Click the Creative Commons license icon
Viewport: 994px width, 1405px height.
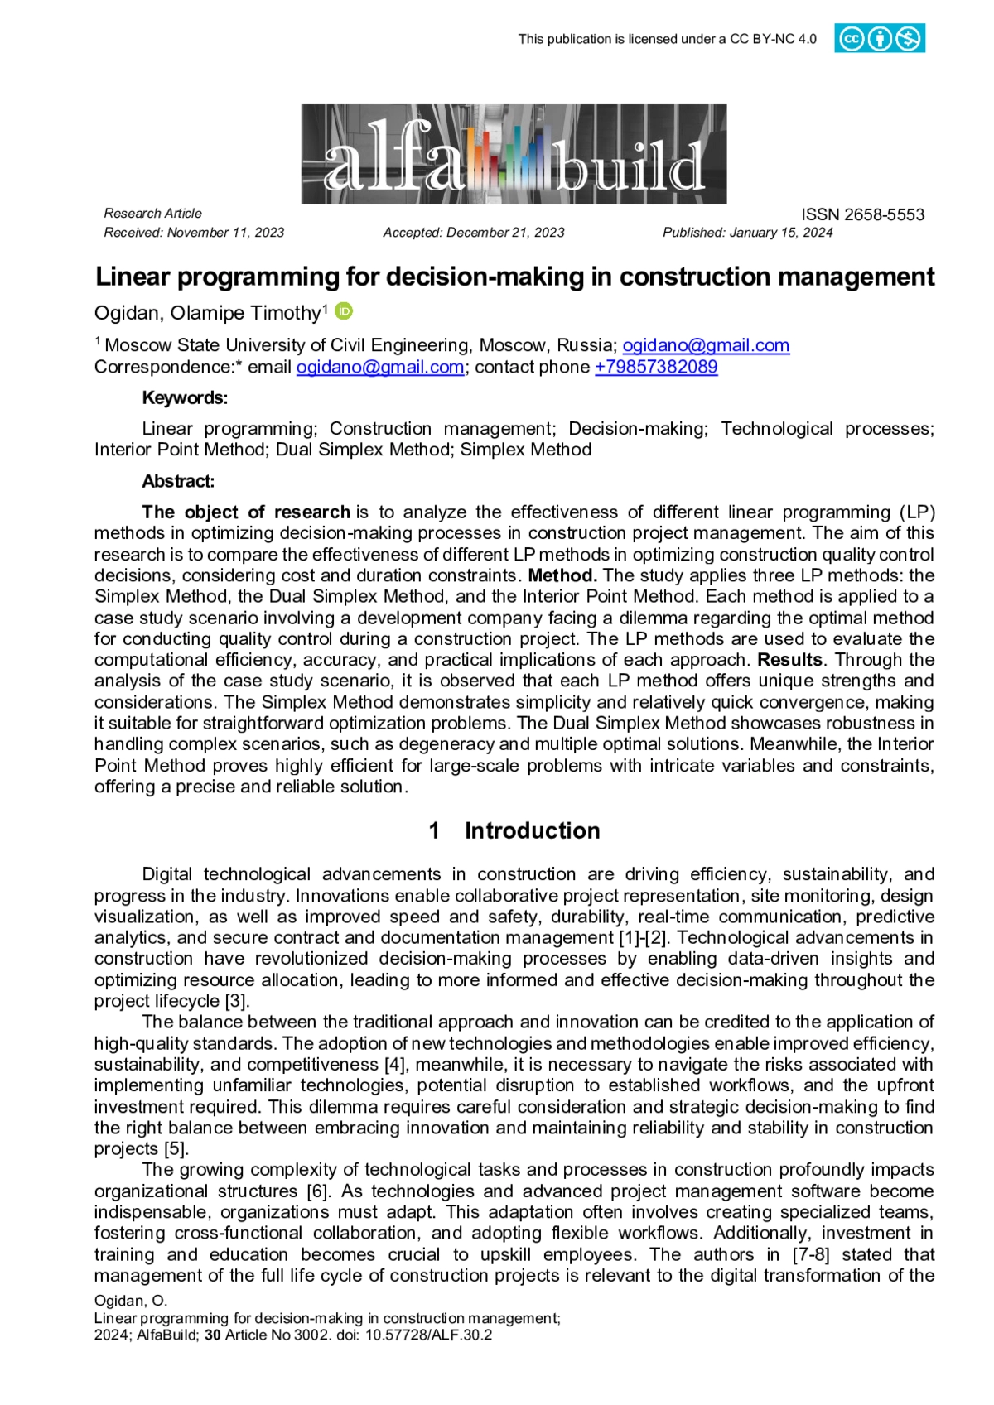tap(879, 39)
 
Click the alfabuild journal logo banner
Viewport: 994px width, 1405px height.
tap(514, 154)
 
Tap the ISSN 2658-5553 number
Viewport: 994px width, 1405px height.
tap(862, 214)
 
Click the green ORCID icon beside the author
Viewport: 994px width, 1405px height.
tap(344, 311)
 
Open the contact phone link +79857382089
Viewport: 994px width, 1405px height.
tap(656, 367)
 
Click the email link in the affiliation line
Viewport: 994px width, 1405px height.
tap(706, 345)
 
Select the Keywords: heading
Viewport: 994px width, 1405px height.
tap(185, 397)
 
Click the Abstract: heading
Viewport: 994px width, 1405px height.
tap(178, 481)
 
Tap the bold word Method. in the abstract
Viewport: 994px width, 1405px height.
tap(562, 575)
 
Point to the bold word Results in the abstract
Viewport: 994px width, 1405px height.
tap(790, 660)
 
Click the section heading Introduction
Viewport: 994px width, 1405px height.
tap(532, 830)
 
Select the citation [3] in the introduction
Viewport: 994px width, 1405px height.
tap(237, 1001)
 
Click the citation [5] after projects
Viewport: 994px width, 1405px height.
tap(176, 1149)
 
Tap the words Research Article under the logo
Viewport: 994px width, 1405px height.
tap(152, 214)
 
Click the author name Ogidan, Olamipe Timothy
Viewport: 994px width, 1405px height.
tap(207, 313)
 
